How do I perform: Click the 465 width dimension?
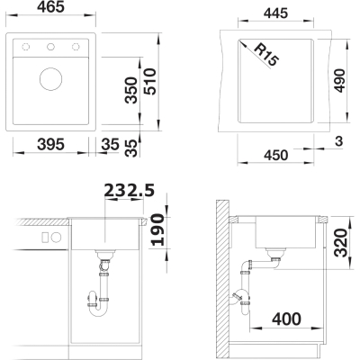point(50,6)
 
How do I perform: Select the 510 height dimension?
point(150,82)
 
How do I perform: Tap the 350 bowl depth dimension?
point(131,90)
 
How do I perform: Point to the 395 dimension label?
point(50,145)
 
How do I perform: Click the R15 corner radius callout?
point(265,54)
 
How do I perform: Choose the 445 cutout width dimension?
point(275,13)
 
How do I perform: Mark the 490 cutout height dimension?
point(339,81)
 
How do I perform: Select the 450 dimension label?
point(276,156)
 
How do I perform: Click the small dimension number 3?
point(339,141)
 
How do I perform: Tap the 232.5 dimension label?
point(130,190)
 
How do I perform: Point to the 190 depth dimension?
point(157,229)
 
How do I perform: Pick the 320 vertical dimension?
point(341,243)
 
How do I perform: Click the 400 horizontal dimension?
point(286,319)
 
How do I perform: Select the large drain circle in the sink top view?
point(51,79)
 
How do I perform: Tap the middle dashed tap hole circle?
point(50,47)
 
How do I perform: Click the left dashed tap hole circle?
point(26,47)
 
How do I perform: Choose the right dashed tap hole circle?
point(76,47)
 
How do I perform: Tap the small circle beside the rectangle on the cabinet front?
point(56,238)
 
